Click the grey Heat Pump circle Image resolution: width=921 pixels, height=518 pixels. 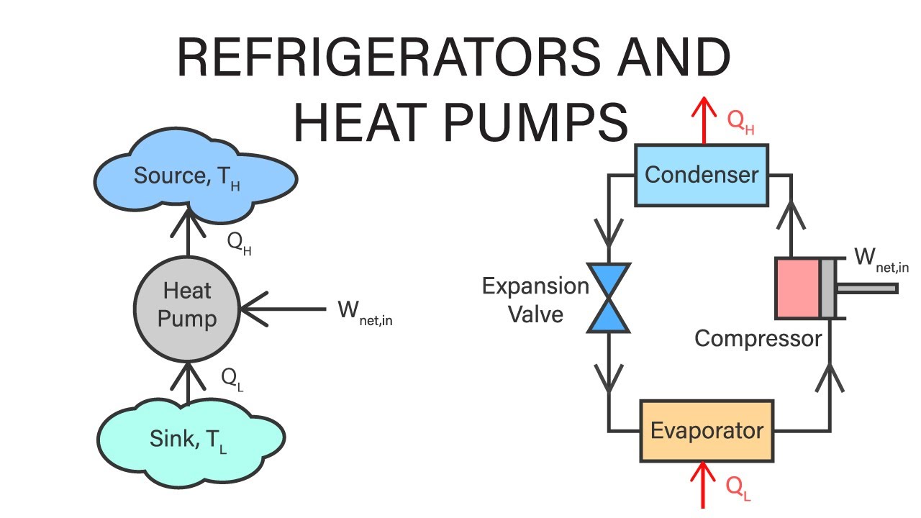(187, 305)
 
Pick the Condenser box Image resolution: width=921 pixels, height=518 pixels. (701, 174)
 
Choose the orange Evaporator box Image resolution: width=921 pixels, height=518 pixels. (707, 431)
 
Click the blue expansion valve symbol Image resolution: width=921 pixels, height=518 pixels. (609, 298)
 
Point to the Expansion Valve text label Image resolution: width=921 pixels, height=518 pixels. (535, 299)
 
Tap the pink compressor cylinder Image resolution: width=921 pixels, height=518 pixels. (797, 288)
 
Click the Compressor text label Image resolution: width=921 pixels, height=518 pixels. (758, 338)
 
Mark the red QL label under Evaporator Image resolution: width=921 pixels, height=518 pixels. (738, 489)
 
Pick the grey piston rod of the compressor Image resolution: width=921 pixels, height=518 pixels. (867, 288)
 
